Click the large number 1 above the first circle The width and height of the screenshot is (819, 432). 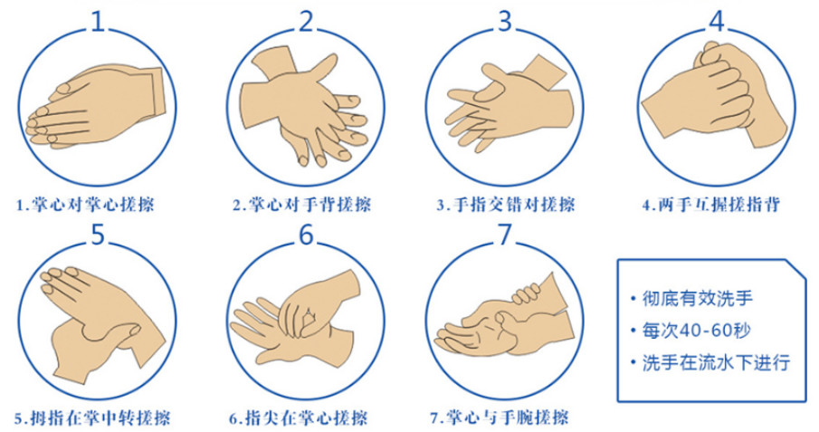(99, 21)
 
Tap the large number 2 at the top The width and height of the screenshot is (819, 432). (307, 21)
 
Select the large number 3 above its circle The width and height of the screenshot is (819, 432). (505, 21)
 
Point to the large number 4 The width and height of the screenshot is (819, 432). (717, 21)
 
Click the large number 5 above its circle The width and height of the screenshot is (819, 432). (99, 235)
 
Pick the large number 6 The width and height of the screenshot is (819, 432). (307, 235)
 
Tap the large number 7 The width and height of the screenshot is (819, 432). (505, 235)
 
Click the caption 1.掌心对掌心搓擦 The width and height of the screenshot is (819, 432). (86, 204)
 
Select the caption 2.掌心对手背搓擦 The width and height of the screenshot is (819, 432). (301, 204)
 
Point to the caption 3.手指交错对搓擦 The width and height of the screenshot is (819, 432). (506, 204)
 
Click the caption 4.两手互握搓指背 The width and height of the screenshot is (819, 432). (711, 204)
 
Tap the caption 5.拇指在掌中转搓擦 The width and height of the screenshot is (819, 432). (92, 418)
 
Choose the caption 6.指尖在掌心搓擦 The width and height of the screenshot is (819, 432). (299, 418)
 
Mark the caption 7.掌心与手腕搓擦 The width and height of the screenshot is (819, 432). (500, 418)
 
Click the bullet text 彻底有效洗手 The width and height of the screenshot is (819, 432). (698, 299)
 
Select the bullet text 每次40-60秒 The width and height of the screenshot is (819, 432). (696, 331)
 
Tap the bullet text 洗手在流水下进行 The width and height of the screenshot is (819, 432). (716, 362)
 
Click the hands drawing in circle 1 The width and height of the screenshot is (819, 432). (96, 107)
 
